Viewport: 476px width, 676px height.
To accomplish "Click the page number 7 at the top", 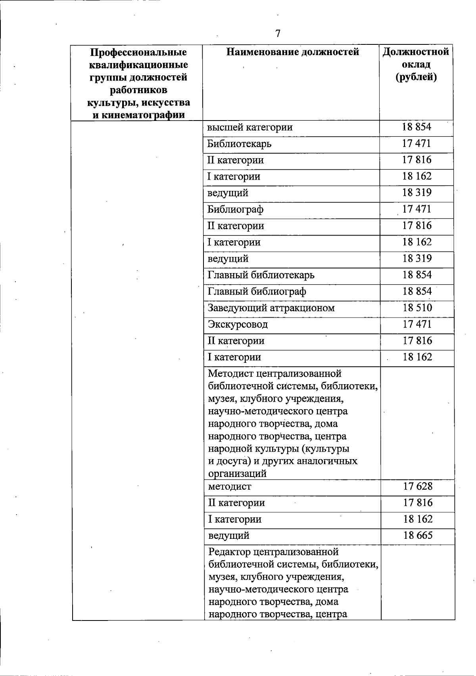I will tap(278, 34).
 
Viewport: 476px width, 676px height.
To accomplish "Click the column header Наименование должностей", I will tap(293, 52).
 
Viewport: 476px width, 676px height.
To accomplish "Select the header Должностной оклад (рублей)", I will tap(416, 64).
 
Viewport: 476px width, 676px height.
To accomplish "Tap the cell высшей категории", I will tap(250, 127).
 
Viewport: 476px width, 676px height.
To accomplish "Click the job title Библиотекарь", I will tap(239, 144).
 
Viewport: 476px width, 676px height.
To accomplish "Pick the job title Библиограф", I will tap(236, 209).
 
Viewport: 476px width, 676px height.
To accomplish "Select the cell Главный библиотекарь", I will tap(261, 275).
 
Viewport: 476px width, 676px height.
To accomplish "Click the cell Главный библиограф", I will tap(257, 291).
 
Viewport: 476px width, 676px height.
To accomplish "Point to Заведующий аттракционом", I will tap(271, 308).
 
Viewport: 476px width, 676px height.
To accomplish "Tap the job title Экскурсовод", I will tap(238, 324).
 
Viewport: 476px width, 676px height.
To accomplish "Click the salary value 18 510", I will tap(417, 308).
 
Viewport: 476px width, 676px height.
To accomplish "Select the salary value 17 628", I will tap(418, 486).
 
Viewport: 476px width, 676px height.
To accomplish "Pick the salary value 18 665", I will tap(418, 535).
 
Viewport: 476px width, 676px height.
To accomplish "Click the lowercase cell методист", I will tap(230, 486).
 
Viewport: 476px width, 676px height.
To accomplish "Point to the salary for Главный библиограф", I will tap(417, 291).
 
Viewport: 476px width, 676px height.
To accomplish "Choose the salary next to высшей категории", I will tap(416, 127).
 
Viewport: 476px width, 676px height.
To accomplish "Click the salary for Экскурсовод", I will tap(417, 324).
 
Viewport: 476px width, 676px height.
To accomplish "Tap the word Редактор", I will tap(229, 552).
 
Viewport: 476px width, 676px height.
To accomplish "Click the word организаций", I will tap(237, 473).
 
